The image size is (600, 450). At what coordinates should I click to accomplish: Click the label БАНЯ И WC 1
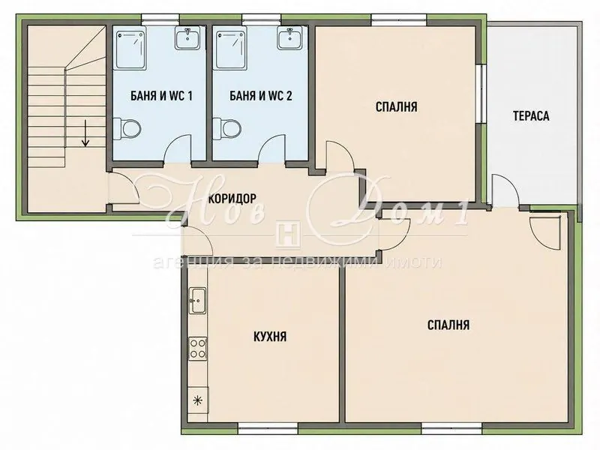tap(161, 96)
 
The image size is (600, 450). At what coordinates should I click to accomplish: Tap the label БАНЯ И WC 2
tap(260, 96)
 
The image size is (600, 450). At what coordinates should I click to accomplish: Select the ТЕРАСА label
tap(531, 116)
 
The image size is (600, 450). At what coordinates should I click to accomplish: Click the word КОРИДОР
tap(232, 198)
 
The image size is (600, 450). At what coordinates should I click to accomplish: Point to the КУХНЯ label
tap(270, 337)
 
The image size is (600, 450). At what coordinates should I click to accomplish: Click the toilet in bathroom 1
tap(127, 128)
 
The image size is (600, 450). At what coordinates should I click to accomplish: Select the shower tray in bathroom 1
tap(130, 49)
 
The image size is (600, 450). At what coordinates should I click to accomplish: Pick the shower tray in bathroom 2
tap(229, 49)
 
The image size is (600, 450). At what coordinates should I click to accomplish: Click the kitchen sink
tap(198, 301)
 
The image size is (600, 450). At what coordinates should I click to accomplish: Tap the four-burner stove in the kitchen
tap(198, 348)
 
